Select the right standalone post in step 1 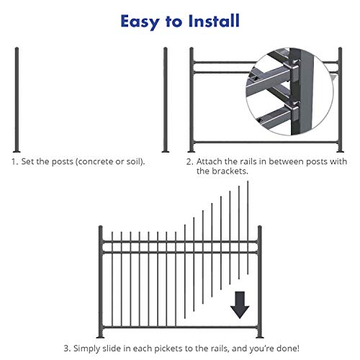[x=166, y=101]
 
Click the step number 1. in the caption [x=14, y=162]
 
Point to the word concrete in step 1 [x=89, y=162]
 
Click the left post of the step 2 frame [x=191, y=101]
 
